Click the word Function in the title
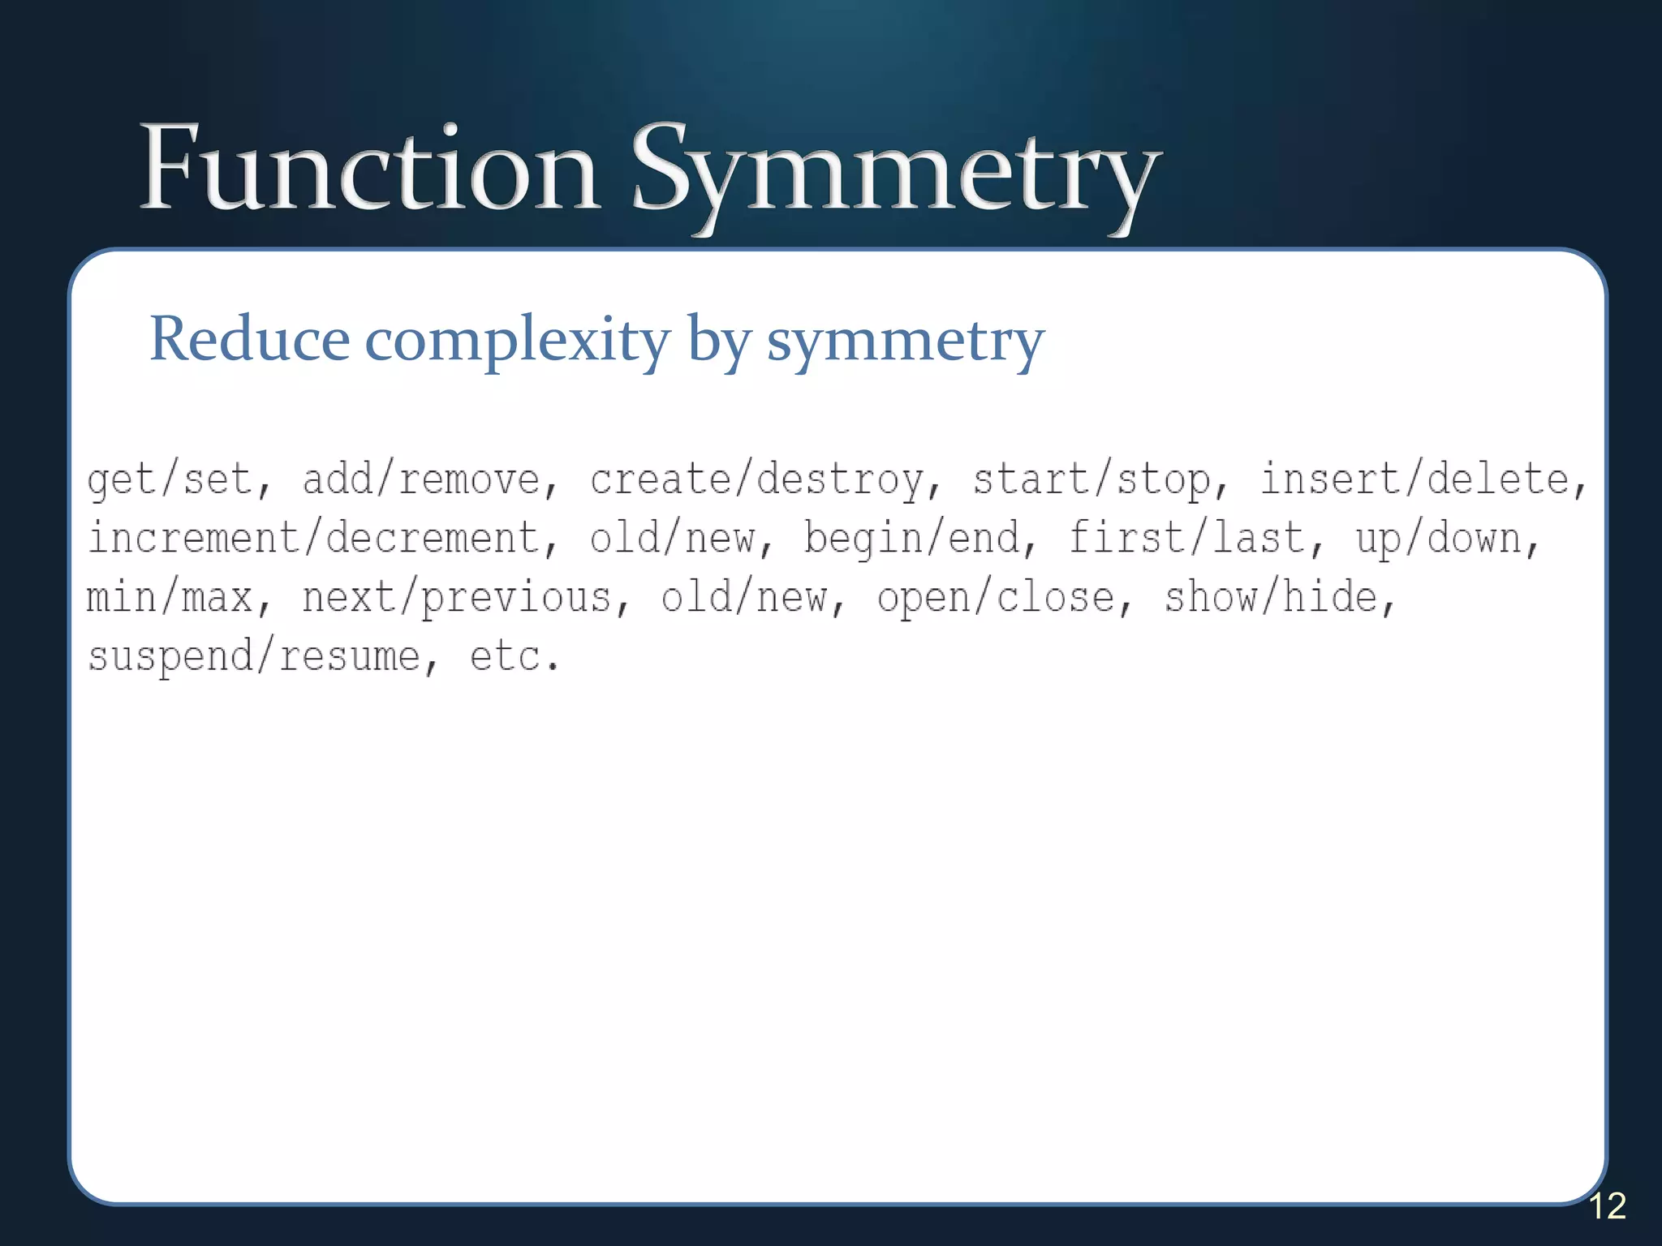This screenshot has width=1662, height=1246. click(x=369, y=169)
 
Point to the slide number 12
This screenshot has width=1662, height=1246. click(x=1607, y=1206)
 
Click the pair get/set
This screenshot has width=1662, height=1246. click(x=170, y=479)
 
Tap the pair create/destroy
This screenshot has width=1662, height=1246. click(x=756, y=479)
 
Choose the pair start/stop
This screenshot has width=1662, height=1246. click(x=1091, y=479)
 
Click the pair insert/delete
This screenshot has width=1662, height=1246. click(x=1414, y=479)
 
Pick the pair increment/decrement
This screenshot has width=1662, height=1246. click(x=313, y=539)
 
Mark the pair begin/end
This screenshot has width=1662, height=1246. click(x=912, y=539)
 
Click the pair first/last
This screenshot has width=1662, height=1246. click(x=1186, y=539)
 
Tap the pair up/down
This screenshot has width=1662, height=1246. click(x=1438, y=539)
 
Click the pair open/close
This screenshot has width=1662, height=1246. click(x=996, y=599)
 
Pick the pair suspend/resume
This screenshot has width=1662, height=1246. click(x=254, y=657)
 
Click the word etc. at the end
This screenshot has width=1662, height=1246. click(x=515, y=657)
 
